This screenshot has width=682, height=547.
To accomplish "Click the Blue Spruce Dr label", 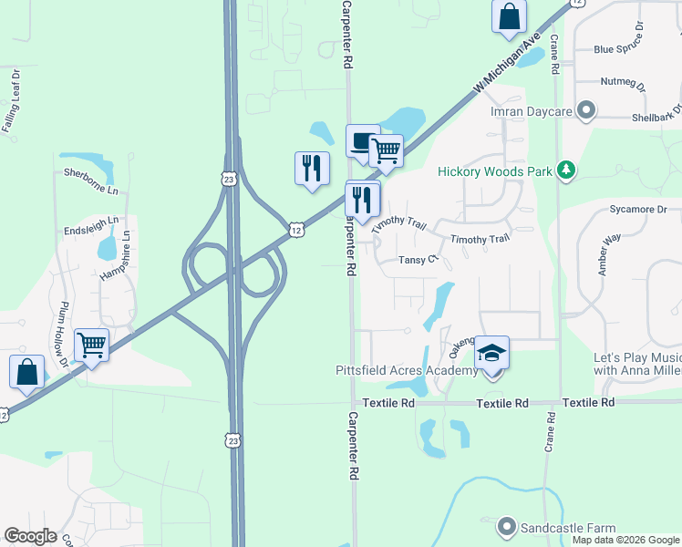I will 625,49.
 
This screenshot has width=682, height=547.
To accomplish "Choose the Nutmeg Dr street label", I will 624,83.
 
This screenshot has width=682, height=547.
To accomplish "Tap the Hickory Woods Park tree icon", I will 567,170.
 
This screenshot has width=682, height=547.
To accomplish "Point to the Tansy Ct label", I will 420,260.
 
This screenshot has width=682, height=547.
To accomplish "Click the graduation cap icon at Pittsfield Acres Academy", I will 491,352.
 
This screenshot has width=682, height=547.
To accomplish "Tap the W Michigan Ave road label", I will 508,63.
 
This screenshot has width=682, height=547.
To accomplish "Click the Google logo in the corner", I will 30,536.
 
